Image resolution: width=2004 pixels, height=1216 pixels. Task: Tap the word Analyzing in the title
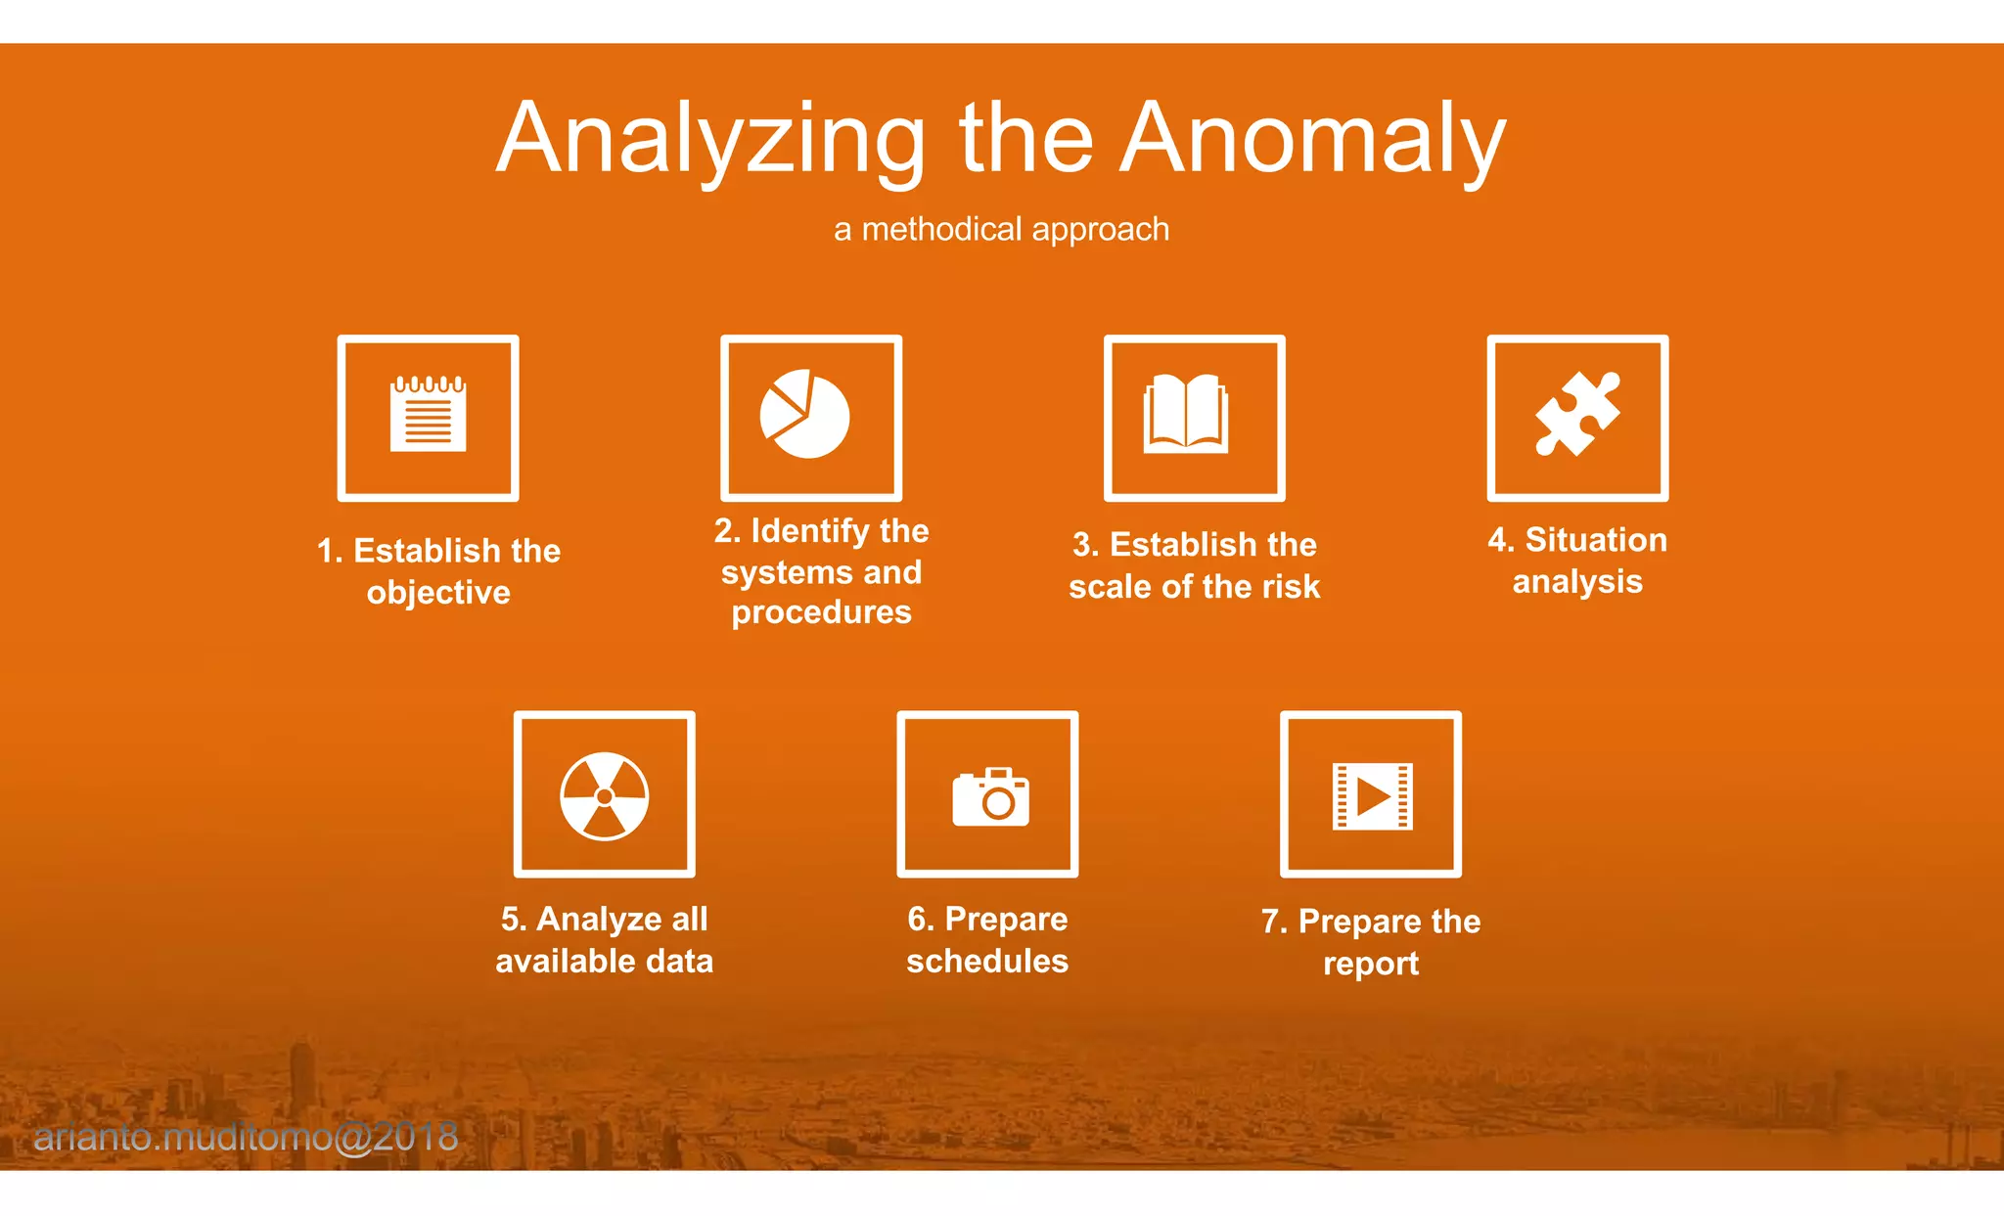tap(710, 139)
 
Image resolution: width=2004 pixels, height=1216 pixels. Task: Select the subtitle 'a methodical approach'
tap(1001, 229)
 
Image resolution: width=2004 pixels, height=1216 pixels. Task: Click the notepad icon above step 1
tap(428, 416)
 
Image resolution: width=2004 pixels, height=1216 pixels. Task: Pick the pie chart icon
tap(805, 415)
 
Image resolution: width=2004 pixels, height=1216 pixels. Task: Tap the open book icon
tap(1185, 414)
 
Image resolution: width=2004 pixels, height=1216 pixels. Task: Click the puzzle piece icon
tap(1576, 414)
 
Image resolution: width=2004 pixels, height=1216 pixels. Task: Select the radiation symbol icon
tap(604, 795)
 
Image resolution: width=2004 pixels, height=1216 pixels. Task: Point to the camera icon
tap(990, 797)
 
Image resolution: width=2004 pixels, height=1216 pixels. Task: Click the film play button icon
tap(1372, 796)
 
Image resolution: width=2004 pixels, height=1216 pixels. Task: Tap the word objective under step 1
tap(438, 593)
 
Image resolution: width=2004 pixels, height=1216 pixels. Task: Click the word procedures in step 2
tap(821, 612)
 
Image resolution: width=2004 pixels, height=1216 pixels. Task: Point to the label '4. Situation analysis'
tap(1576, 561)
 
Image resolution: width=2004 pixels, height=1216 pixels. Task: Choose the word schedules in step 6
tap(986, 961)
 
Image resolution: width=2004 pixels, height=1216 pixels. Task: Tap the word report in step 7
tap(1370, 964)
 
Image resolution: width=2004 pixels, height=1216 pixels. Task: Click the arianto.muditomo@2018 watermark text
tap(246, 1137)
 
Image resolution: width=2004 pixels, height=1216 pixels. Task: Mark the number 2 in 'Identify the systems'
tap(725, 530)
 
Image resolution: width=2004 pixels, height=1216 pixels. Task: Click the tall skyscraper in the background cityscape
tap(302, 1086)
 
